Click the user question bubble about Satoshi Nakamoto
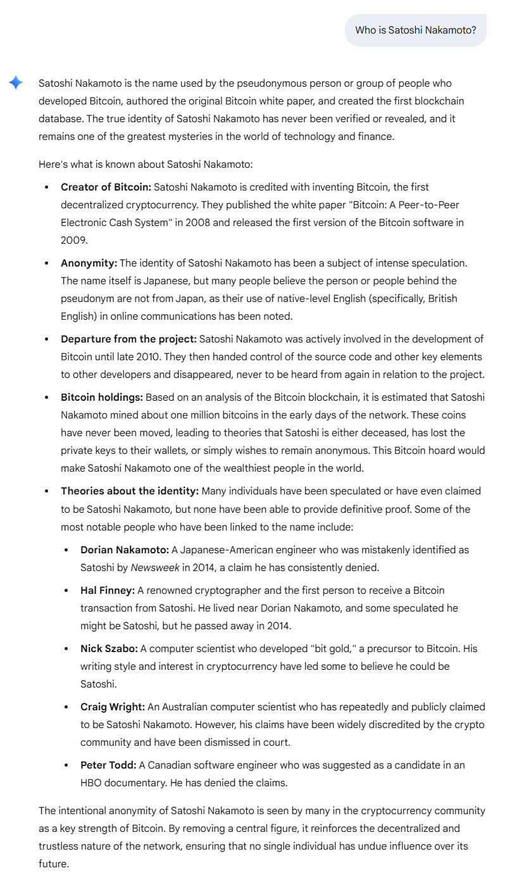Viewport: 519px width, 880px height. click(x=415, y=30)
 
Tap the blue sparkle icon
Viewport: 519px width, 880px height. click(x=16, y=83)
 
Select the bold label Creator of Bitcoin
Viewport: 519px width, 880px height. click(x=106, y=187)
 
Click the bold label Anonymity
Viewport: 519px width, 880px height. click(x=89, y=263)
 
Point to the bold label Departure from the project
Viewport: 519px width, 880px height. click(x=128, y=339)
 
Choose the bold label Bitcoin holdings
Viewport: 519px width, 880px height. click(x=101, y=398)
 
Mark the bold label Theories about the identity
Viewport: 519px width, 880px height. click(x=130, y=491)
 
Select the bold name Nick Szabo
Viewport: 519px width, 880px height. click(x=109, y=649)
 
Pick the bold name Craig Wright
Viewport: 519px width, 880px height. click(x=112, y=707)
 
